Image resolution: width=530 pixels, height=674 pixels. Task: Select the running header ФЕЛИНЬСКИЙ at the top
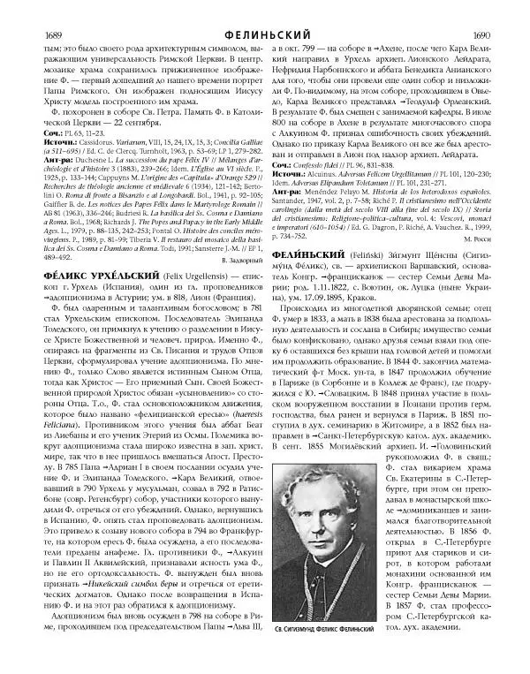[x=264, y=11]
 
